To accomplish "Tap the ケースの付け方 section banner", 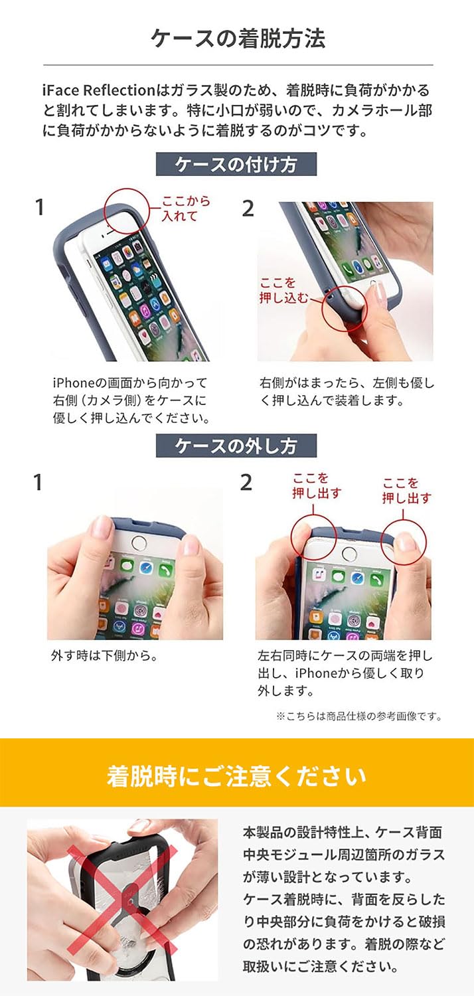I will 236,164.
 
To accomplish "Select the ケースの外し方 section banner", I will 236,446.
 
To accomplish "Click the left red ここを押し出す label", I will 317,485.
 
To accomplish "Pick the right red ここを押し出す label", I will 406,490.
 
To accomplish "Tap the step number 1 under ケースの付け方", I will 40,208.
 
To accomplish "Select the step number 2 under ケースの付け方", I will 248,208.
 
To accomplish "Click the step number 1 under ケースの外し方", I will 38,483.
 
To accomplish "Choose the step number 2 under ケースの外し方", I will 246,483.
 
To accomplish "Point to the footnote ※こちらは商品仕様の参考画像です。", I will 358,716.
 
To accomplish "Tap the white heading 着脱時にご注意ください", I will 236,776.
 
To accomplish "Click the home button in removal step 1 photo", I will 139,542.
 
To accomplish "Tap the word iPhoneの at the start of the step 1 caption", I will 74,383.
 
